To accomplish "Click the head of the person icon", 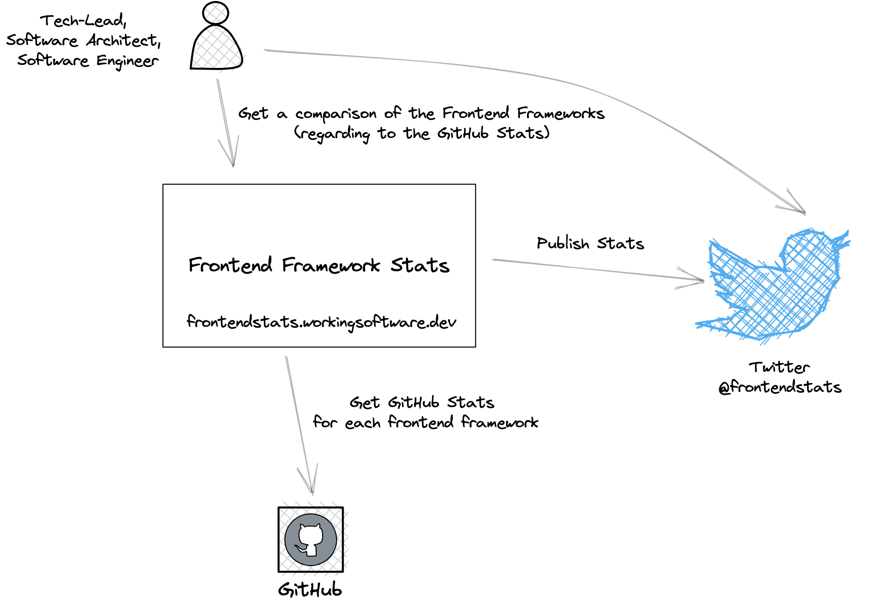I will click(216, 13).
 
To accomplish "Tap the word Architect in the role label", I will click(122, 40).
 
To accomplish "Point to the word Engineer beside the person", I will click(127, 61).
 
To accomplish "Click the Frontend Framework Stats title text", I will click(319, 265).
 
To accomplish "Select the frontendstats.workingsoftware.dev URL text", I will click(321, 322).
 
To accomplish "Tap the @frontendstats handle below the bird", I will click(780, 387).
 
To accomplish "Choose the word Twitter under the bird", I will click(779, 367).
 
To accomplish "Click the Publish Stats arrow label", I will click(590, 243).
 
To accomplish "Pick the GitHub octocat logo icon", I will click(311, 540).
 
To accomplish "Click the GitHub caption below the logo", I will click(310, 590).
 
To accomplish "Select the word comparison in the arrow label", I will click(336, 114).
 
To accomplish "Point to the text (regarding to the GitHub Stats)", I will click(422, 134).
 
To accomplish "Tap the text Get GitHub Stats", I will click(422, 403).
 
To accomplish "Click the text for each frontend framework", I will click(426, 423).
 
